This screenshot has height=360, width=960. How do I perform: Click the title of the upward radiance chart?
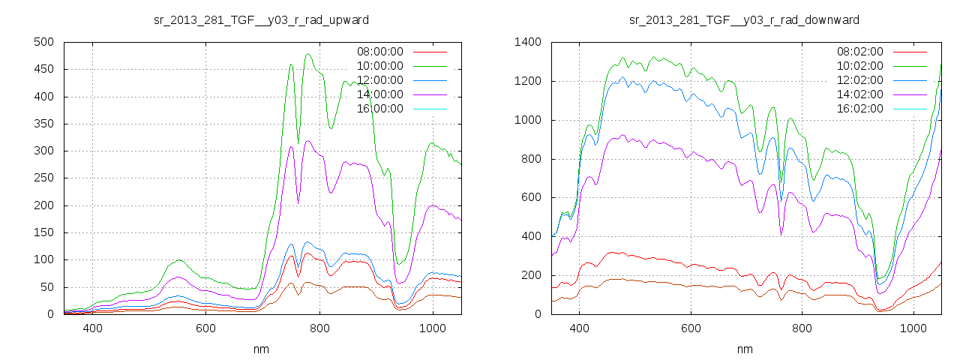tap(261, 19)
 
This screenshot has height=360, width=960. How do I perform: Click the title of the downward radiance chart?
tap(744, 19)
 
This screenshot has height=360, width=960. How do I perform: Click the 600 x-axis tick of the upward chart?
tap(205, 328)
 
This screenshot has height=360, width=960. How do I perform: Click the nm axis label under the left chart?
tap(262, 349)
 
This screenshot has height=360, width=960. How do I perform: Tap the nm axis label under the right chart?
tap(745, 349)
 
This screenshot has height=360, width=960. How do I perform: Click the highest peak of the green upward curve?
tap(308, 54)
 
